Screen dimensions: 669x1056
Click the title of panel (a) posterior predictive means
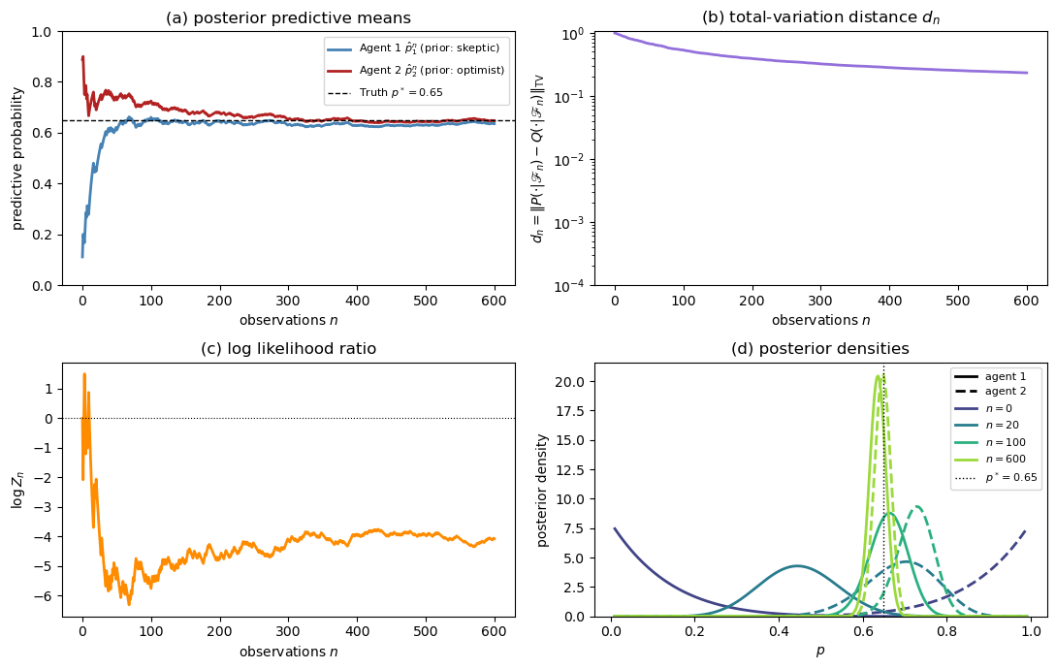(x=288, y=17)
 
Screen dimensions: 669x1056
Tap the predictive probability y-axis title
(x=17, y=158)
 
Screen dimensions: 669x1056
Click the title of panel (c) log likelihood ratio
(x=288, y=349)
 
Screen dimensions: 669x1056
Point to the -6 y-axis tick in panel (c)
(x=43, y=596)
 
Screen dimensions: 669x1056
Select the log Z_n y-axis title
(x=17, y=490)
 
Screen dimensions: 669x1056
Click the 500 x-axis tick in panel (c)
(x=425, y=633)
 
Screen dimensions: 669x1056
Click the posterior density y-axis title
(x=543, y=490)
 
